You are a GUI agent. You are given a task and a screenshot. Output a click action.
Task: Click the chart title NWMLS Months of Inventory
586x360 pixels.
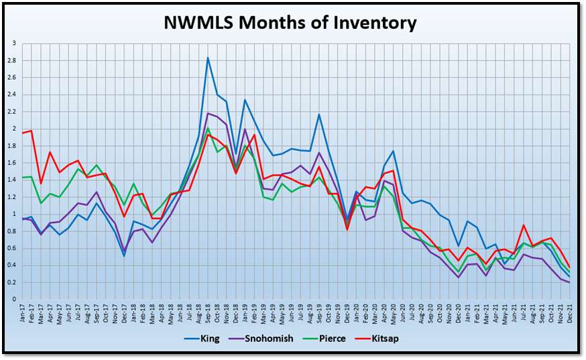coord(290,23)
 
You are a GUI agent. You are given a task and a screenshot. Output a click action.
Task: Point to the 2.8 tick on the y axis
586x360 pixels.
coord(13,60)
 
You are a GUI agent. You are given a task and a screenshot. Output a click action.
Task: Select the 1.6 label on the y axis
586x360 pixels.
coord(13,163)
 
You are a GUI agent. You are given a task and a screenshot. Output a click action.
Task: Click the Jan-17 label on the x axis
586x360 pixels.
coord(23,314)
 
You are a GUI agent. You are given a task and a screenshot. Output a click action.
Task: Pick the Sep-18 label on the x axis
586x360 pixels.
coord(208,314)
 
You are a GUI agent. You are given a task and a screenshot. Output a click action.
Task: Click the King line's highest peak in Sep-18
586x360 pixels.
coord(208,58)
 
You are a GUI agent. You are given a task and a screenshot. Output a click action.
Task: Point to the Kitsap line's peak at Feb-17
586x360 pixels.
coord(32,131)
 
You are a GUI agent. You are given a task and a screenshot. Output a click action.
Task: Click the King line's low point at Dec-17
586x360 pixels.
coord(124,255)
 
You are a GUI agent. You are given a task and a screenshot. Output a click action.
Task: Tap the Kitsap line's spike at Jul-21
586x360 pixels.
coord(522,225)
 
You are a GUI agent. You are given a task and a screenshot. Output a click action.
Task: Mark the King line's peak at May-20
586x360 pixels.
coord(392,152)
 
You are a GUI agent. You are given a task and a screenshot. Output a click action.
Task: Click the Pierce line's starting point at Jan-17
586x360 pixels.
coord(22,178)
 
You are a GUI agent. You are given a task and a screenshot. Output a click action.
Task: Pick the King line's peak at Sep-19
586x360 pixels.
coord(318,115)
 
